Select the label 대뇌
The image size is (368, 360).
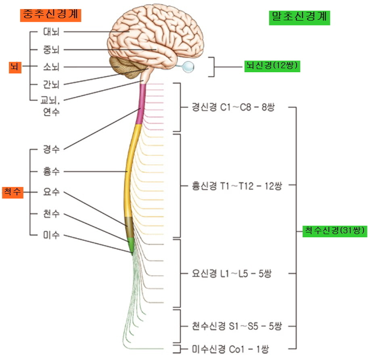tap(51, 31)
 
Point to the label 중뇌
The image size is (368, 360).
tap(51, 50)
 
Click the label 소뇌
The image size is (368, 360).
tap(51, 67)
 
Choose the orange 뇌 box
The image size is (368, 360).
tap(15, 67)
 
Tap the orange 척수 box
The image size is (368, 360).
tap(13, 193)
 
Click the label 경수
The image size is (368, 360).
tap(51, 149)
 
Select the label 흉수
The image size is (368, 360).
tap(51, 171)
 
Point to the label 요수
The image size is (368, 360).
tap(51, 192)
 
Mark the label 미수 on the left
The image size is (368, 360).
tap(51, 235)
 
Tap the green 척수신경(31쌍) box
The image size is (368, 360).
tap(334, 230)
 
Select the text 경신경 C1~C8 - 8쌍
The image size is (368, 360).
tap(233, 108)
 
